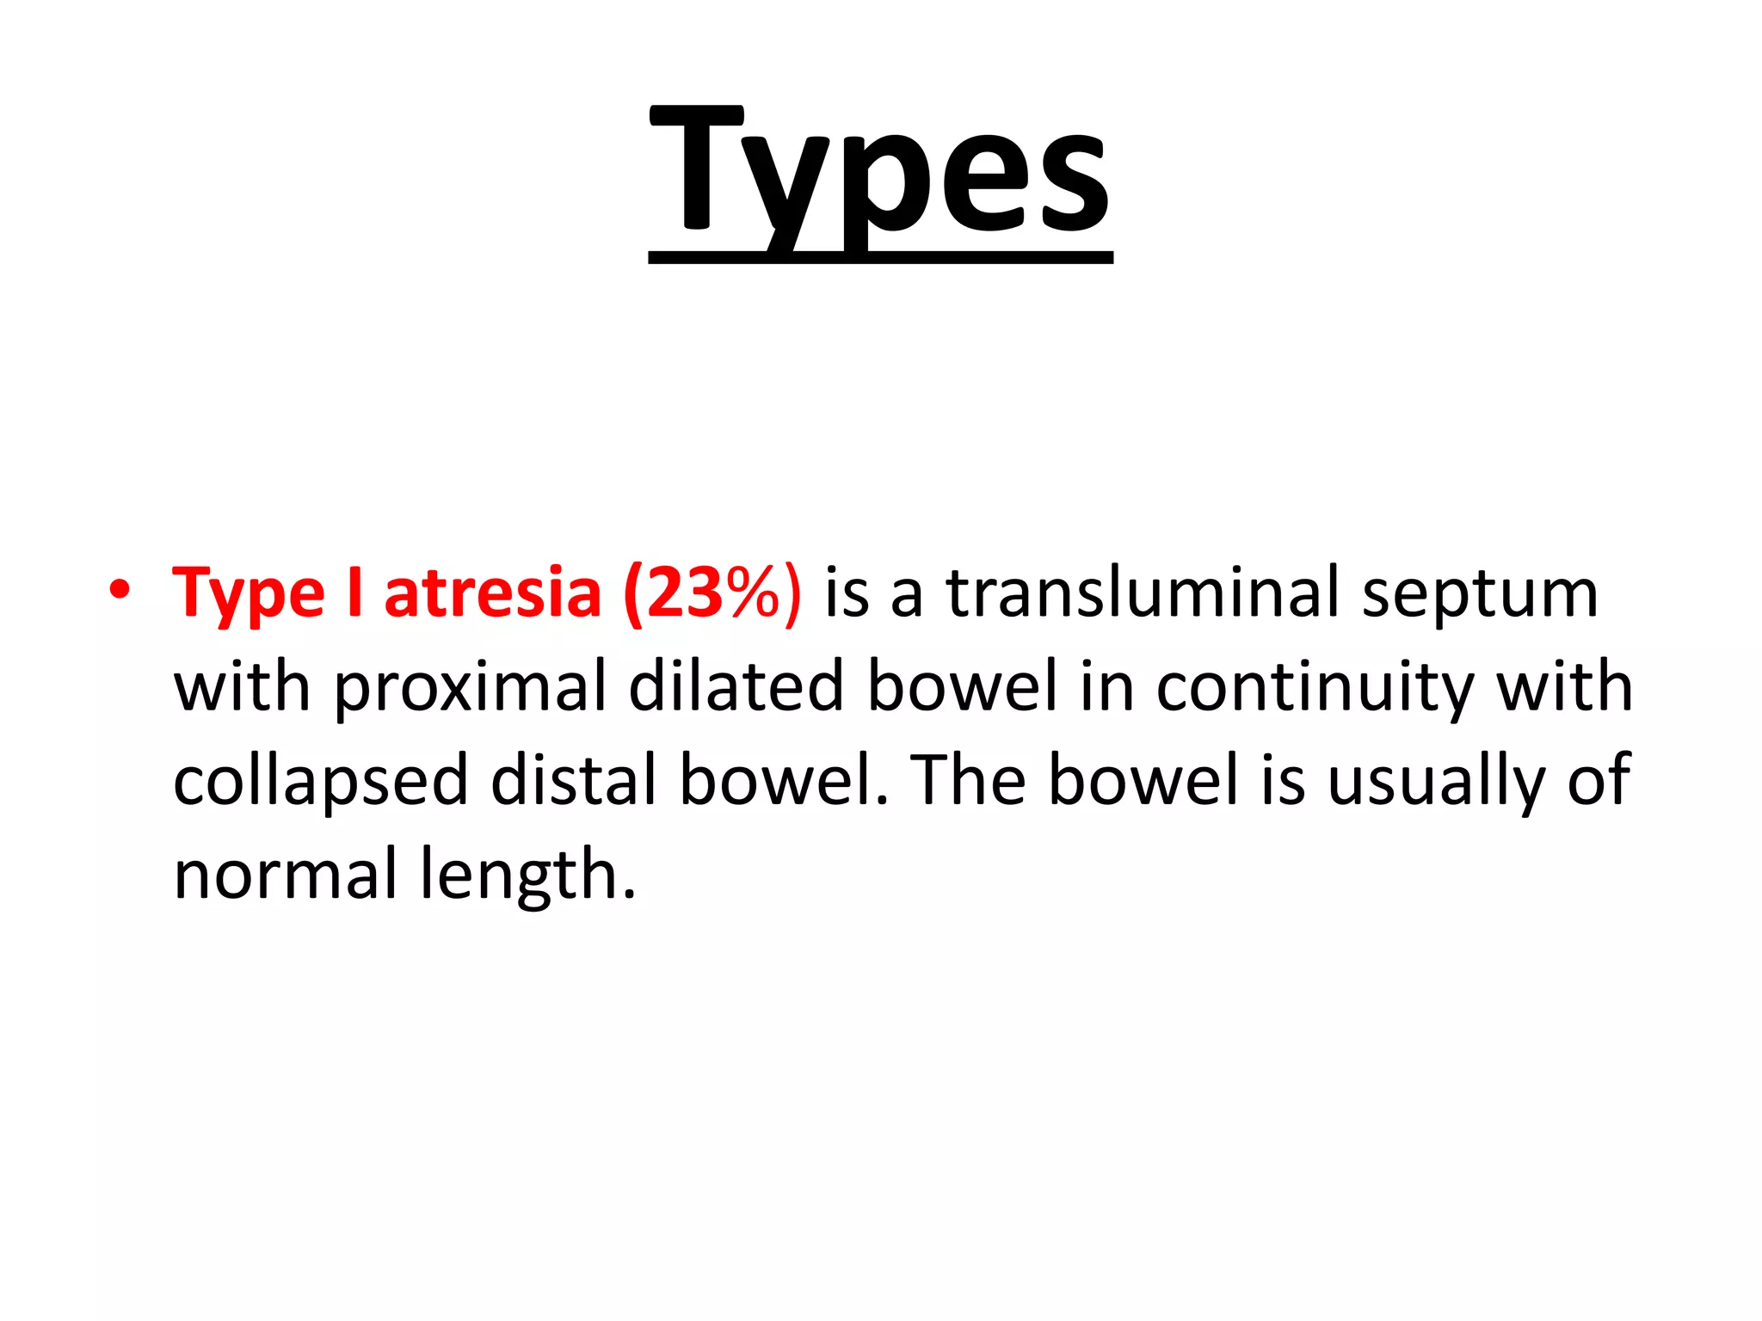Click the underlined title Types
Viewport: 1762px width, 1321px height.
880,172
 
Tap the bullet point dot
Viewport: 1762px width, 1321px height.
120,591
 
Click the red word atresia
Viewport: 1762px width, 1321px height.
492,593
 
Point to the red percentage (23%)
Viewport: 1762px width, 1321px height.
712,593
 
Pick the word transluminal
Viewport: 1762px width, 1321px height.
1143,593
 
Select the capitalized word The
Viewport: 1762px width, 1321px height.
968,780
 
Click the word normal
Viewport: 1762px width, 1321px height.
285,875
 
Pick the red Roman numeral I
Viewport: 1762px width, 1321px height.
354,593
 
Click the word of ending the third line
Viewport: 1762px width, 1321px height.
1598,782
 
